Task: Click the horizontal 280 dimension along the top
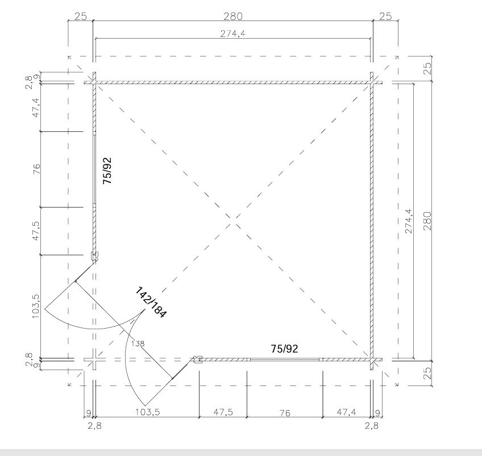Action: (232, 16)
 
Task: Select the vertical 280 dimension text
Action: (427, 221)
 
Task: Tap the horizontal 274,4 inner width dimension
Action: (232, 34)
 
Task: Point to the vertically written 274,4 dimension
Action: (409, 221)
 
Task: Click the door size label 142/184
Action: (151, 302)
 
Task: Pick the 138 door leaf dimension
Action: (138, 343)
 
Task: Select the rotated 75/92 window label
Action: (107, 171)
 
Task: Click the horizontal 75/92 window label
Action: (284, 349)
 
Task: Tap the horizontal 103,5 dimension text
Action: (148, 412)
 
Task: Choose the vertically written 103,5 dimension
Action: (36, 306)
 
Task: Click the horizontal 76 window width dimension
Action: (285, 413)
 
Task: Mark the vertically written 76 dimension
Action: (36, 169)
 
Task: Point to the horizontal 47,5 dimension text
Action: (223, 412)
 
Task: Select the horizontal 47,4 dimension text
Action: (347, 412)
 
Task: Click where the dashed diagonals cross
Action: (234, 218)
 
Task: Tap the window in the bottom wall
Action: (285, 359)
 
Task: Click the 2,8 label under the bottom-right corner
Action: (371, 425)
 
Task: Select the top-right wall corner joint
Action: (372, 82)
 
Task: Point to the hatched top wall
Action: (233, 82)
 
